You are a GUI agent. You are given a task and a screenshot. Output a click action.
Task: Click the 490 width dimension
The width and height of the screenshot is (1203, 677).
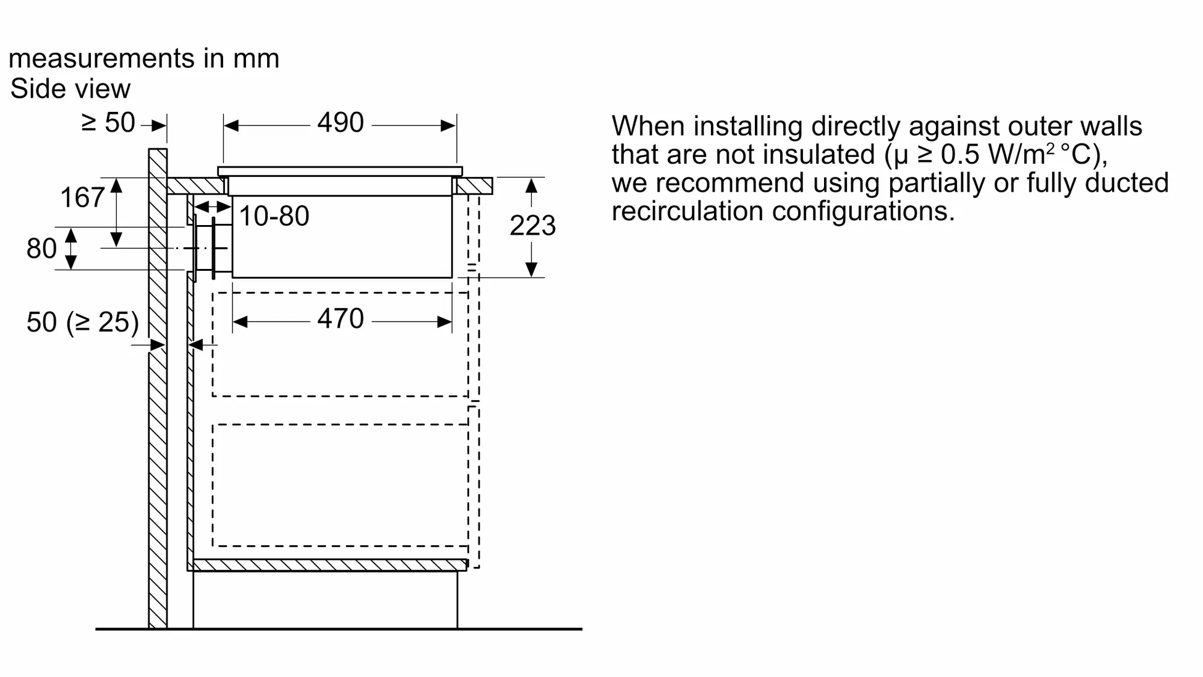point(340,122)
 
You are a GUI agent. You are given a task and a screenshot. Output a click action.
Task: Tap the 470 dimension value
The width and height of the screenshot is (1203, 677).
point(340,319)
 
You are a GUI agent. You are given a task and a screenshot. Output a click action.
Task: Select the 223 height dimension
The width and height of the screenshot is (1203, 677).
point(532,226)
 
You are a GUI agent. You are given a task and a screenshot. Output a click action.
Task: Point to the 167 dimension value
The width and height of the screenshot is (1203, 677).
point(82,198)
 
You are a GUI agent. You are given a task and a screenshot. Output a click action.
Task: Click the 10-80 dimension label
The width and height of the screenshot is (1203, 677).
point(274,216)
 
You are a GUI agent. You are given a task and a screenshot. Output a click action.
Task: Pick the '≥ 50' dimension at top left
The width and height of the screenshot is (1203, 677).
point(108,122)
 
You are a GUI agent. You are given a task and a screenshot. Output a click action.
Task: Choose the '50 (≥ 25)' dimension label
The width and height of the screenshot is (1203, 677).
point(82,322)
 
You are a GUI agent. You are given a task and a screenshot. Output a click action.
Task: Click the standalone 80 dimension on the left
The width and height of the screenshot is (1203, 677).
point(41,249)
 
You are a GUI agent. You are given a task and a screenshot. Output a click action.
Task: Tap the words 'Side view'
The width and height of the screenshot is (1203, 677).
point(70,89)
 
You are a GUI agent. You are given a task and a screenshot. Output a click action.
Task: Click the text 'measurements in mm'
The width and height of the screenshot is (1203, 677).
point(144,58)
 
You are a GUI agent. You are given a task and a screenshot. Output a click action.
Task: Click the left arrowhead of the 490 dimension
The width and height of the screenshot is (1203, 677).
point(231,126)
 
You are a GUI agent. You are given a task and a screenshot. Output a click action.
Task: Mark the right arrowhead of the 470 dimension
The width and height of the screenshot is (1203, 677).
point(444,322)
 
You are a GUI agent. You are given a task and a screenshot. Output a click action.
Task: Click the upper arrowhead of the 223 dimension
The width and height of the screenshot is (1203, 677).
point(531,185)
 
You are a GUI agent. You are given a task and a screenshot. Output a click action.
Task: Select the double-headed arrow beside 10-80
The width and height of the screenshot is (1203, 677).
point(210,207)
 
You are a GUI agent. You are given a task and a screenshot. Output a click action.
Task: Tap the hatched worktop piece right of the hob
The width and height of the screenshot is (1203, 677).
point(474,186)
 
